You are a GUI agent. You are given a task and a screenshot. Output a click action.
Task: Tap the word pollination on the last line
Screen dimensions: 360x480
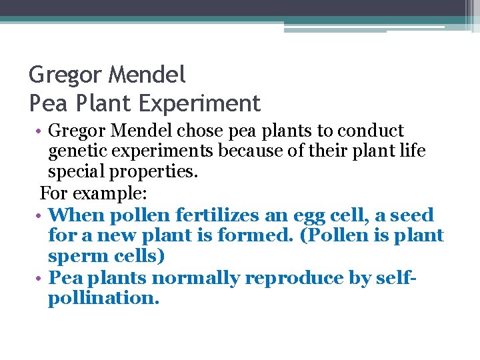(x=103, y=298)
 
